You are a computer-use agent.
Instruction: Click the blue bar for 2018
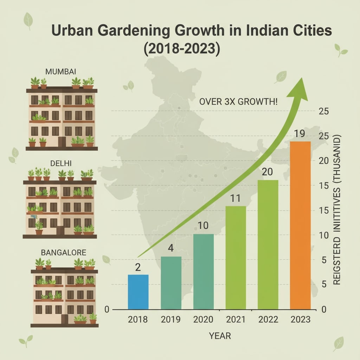point(138,292)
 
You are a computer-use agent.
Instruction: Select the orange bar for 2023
point(300,225)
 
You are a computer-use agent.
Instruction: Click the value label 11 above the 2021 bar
point(236,199)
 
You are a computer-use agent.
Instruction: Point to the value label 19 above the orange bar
point(300,134)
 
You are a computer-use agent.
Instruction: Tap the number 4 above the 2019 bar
point(171,248)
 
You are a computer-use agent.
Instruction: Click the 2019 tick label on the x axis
point(171,320)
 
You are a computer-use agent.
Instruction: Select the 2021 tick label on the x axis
point(236,320)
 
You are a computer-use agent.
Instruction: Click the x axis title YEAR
point(220,336)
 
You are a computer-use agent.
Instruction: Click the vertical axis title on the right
point(337,210)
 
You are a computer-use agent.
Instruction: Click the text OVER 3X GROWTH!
point(238,103)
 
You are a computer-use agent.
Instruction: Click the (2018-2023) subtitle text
point(182,48)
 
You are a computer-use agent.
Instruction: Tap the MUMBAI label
point(61,72)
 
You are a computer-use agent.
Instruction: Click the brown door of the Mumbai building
point(62,142)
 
